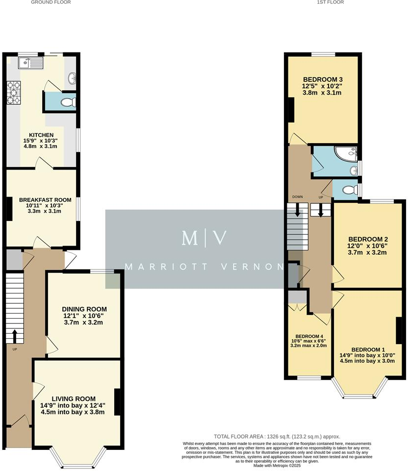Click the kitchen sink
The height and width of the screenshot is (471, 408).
(30, 63)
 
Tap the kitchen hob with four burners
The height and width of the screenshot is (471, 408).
(13, 93)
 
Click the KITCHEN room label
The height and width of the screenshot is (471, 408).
(41, 135)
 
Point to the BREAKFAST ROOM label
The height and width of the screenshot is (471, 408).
(45, 200)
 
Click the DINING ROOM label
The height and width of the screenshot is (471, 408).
(84, 309)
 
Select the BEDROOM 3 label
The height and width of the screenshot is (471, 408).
(323, 79)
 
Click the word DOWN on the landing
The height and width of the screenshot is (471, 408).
(298, 197)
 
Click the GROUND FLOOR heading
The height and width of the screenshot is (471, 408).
(51, 2)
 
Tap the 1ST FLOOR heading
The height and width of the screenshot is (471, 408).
(330, 2)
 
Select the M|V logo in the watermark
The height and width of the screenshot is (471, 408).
(204, 238)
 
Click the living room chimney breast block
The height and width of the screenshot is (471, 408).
(118, 402)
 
